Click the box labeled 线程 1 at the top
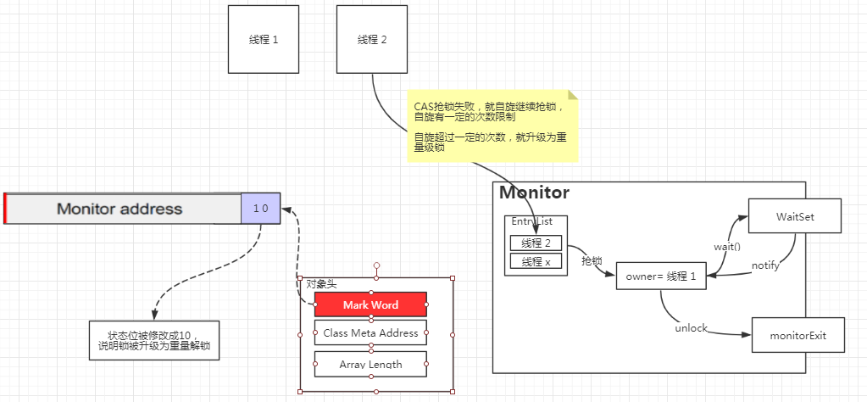[264, 39]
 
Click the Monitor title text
[534, 193]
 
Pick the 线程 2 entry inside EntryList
[536, 243]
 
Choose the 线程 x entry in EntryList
[536, 262]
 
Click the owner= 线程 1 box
[661, 276]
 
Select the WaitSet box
[794, 217]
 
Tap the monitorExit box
[799, 336]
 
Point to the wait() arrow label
[726, 247]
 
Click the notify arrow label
[766, 265]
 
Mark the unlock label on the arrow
[691, 328]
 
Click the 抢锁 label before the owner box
[591, 261]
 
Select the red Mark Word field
[370, 304]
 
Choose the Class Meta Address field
[370, 333]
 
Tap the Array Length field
[370, 365]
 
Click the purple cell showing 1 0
[260, 209]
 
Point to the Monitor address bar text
[119, 209]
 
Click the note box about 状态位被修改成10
[154, 340]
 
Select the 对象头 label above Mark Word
[321, 284]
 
